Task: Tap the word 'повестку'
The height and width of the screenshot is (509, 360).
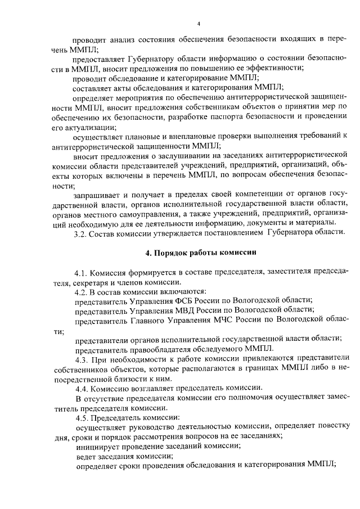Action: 332,426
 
